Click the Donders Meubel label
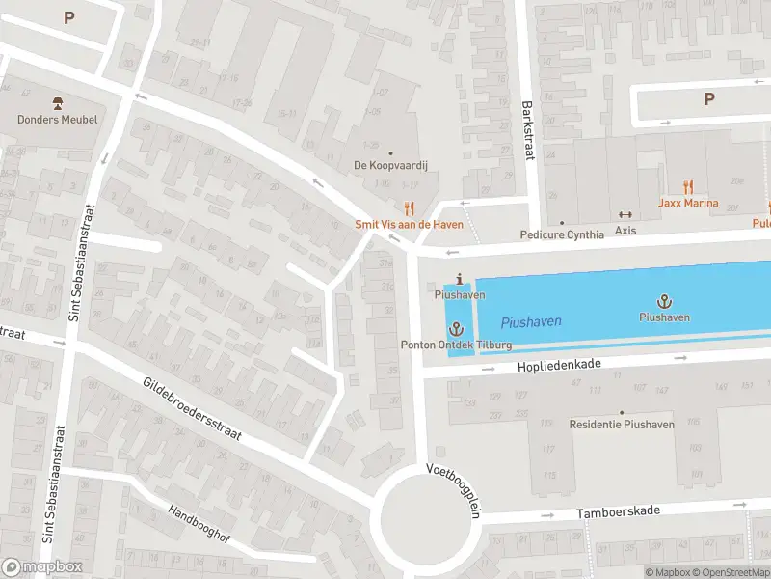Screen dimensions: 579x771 pos(57,120)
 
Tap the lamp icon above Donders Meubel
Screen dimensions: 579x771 pos(57,103)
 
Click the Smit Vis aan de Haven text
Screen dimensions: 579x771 pos(409,225)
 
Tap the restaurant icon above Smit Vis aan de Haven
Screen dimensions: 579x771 pos(409,207)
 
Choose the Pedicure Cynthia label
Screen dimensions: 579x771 pos(562,234)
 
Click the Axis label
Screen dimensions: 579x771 pos(625,232)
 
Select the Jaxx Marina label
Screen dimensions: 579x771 pos(688,203)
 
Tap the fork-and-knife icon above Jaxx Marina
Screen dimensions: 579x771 pos(688,186)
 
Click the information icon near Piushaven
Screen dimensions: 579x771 pos(459,279)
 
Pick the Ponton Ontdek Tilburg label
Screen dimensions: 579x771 pos(457,345)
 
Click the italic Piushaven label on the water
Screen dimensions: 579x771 pos(531,321)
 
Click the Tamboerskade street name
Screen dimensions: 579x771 pos(619,511)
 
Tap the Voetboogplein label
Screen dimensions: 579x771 pos(453,490)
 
